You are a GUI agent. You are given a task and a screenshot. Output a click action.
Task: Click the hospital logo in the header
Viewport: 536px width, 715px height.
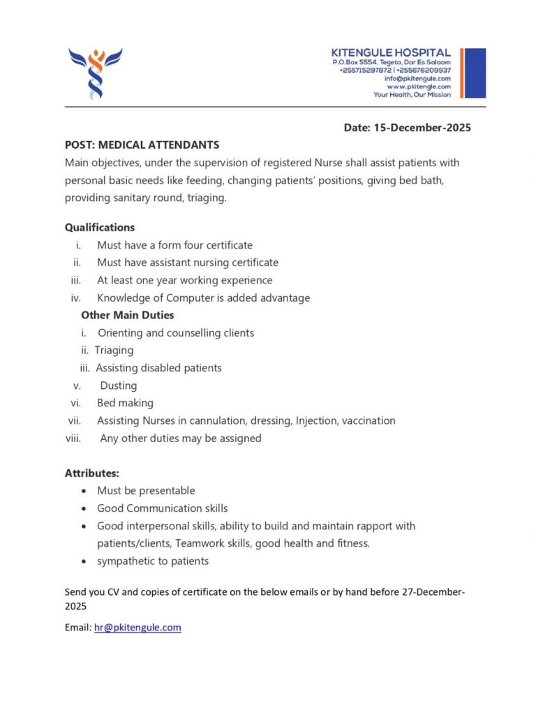pos(96,73)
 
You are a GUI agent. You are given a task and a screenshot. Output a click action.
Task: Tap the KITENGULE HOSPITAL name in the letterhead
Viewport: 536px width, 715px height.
pos(391,53)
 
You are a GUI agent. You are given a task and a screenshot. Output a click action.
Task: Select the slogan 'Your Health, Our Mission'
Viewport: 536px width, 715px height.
pos(412,95)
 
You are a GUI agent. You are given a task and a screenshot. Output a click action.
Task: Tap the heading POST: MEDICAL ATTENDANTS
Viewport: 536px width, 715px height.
pos(142,145)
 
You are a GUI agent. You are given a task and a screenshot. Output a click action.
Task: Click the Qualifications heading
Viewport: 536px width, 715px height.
pos(100,228)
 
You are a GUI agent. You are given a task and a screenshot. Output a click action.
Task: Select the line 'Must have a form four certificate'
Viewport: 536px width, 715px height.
pos(174,245)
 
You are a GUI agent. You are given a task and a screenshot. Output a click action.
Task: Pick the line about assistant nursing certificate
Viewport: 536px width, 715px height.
pos(187,263)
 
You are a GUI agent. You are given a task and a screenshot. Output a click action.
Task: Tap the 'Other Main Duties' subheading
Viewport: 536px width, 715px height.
pos(128,316)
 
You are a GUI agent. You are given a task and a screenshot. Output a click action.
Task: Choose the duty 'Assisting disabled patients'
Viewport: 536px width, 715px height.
pos(158,368)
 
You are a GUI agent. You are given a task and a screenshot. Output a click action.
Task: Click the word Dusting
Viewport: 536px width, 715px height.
pos(118,385)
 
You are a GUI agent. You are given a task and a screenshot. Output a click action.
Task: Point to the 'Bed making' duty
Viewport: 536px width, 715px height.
pos(125,403)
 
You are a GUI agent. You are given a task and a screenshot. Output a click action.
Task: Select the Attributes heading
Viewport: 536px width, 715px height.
pos(92,473)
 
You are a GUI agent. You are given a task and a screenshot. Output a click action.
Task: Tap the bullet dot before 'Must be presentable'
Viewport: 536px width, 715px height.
pos(84,492)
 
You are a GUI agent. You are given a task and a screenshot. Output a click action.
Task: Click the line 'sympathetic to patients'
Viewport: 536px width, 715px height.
pos(153,561)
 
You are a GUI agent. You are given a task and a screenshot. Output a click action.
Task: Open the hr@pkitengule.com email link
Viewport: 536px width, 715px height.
pos(137,628)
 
